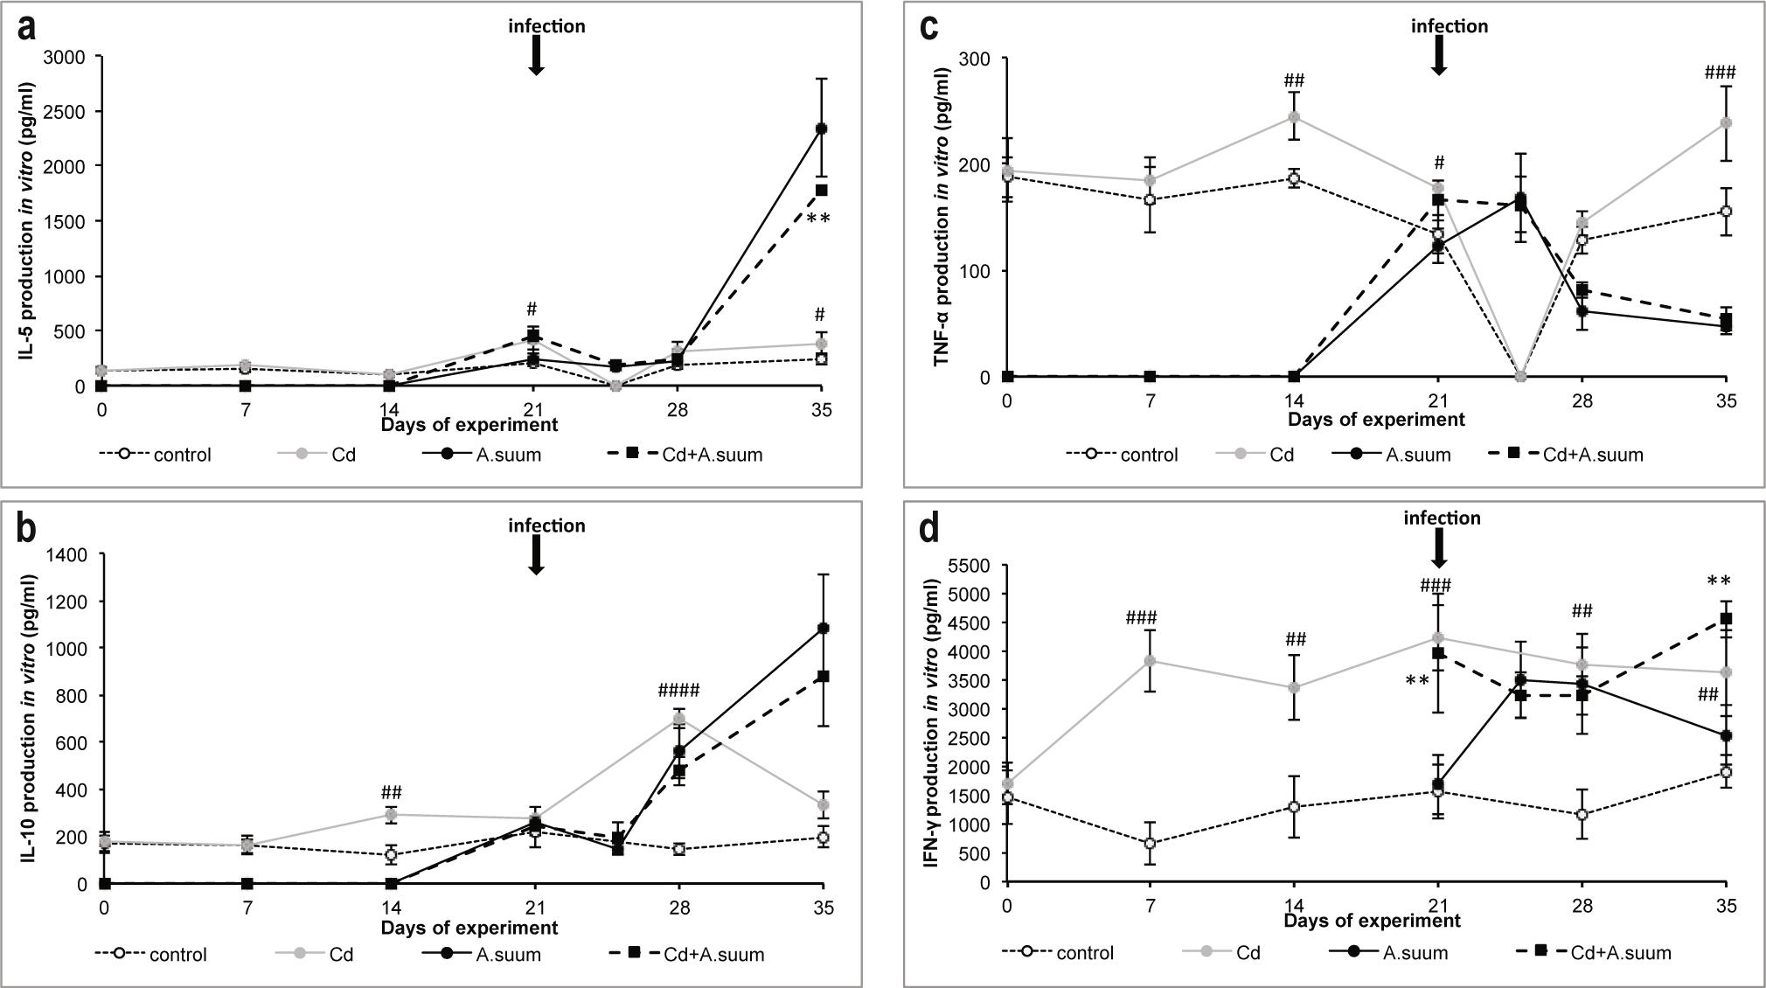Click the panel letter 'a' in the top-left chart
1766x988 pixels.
tap(28, 28)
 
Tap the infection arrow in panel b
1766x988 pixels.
tap(537, 554)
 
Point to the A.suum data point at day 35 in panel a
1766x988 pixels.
tap(821, 129)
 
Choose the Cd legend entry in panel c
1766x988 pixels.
tap(1255, 455)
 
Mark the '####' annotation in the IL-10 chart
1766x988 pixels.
tap(678, 692)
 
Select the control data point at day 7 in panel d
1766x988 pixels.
tap(1151, 844)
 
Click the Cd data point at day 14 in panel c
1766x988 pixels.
tap(1294, 116)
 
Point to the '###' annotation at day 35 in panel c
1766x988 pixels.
tap(1720, 73)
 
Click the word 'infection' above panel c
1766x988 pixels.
tap(1449, 26)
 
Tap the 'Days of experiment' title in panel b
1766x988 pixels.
tap(469, 928)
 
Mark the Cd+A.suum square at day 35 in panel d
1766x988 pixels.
tap(1726, 619)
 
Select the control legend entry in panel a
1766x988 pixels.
tap(156, 455)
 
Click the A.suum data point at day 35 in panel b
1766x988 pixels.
tap(823, 628)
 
